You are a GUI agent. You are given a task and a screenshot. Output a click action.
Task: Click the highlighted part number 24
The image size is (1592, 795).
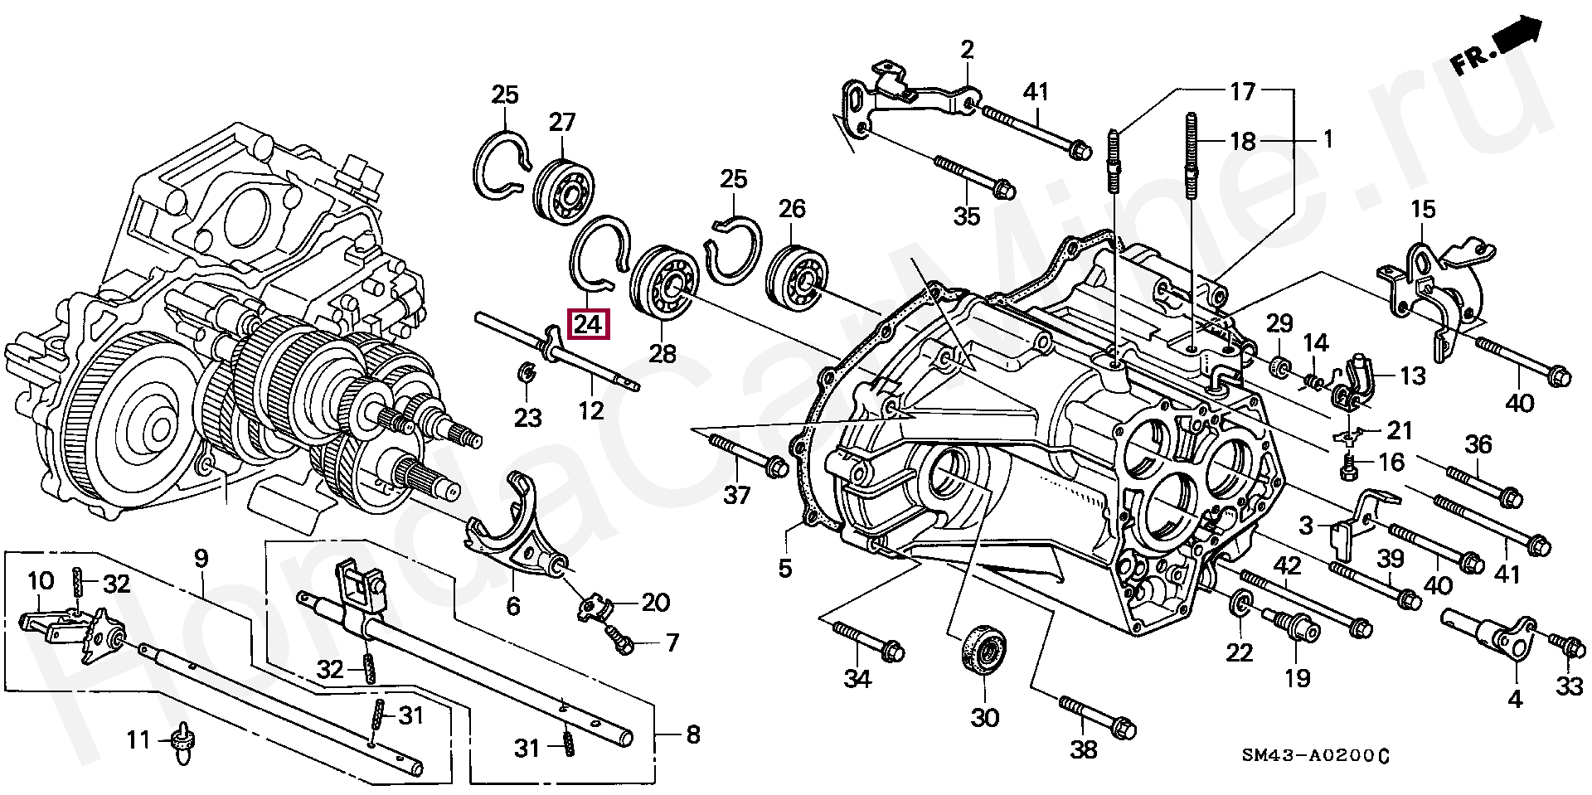tap(588, 324)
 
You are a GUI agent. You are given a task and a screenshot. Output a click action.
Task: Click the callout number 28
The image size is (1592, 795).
tap(663, 354)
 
